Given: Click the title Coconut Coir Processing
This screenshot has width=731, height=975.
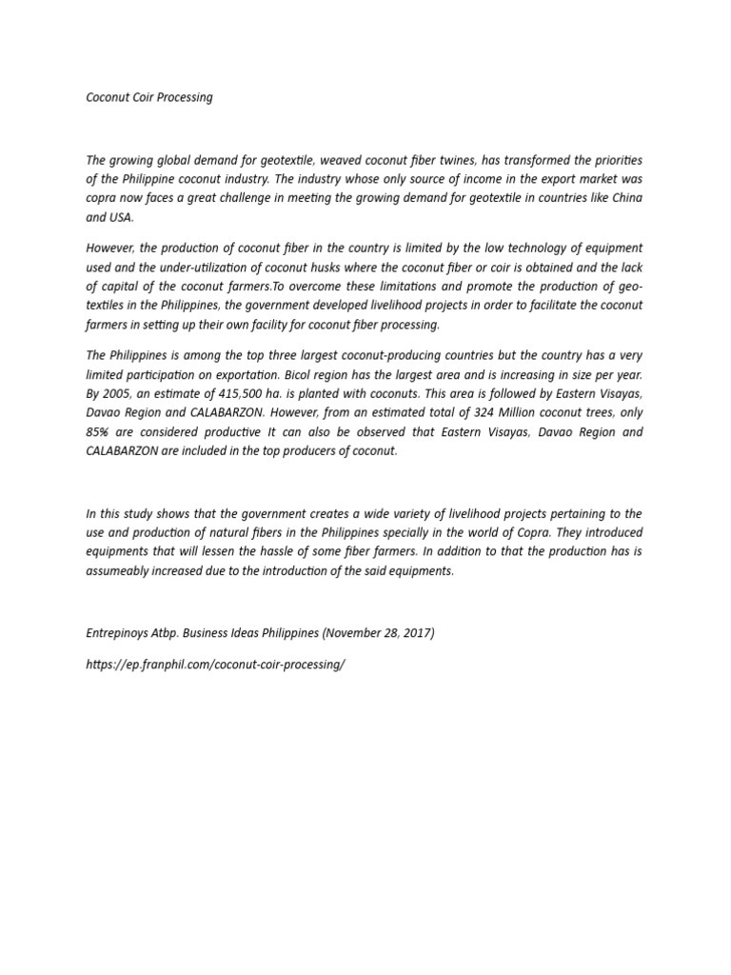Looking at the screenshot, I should tap(149, 98).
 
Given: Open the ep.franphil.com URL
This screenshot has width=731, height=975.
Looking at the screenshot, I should tap(215, 664).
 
